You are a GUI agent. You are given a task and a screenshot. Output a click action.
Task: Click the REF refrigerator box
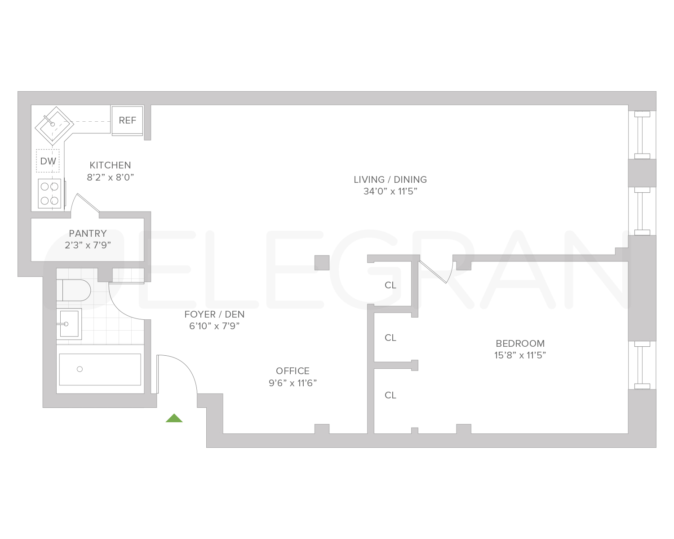pyautogui.click(x=127, y=120)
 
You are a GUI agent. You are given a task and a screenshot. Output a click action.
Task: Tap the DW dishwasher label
pyautogui.click(x=48, y=161)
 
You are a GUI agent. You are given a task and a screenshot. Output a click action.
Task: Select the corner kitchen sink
pyautogui.click(x=54, y=125)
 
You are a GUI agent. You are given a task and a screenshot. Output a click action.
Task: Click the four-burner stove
pyautogui.click(x=49, y=194)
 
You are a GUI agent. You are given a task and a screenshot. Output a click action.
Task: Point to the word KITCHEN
pyautogui.click(x=110, y=165)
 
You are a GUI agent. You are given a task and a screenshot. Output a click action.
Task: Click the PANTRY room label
pyautogui.click(x=88, y=234)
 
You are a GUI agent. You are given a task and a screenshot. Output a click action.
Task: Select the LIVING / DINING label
pyautogui.click(x=390, y=180)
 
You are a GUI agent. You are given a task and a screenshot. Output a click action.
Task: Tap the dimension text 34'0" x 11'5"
pyautogui.click(x=390, y=191)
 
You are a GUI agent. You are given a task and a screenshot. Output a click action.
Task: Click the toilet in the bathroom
pyautogui.click(x=74, y=290)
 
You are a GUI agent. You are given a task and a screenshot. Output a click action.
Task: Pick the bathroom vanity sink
pyautogui.click(x=68, y=323)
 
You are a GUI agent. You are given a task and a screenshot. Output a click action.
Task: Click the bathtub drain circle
pyautogui.click(x=80, y=369)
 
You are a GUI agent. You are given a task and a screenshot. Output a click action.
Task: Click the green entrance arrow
pyautogui.click(x=174, y=418)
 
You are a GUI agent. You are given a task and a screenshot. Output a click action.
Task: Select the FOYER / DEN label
pyautogui.click(x=214, y=314)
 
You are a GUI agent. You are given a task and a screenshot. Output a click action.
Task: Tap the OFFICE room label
pyautogui.click(x=293, y=371)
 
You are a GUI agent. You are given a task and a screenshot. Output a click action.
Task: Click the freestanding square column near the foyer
pyautogui.click(x=322, y=262)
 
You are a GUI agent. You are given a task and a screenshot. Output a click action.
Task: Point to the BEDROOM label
pyautogui.click(x=520, y=344)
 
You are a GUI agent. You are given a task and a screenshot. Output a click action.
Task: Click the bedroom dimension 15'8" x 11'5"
pyautogui.click(x=520, y=355)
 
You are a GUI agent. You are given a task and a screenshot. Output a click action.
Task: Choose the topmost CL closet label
pyautogui.click(x=390, y=285)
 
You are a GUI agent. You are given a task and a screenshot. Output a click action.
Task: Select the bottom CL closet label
pyautogui.click(x=390, y=395)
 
